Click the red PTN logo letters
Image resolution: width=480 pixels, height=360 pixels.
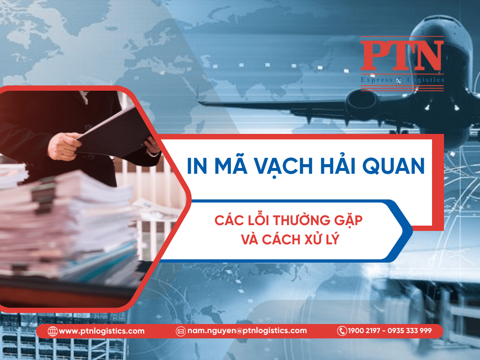coord(402,55)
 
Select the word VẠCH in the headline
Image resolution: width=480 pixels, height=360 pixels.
coord(284,166)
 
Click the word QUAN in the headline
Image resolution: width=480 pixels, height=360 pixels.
coord(394,166)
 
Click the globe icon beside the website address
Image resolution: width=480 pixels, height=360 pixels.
coord(52,331)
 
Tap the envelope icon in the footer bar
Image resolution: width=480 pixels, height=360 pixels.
coord(180,331)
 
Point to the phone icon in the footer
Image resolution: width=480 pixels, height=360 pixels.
coord(342,331)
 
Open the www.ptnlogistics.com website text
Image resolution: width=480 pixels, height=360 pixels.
coord(101,331)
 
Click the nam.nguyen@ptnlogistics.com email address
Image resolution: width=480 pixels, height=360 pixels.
coord(247,331)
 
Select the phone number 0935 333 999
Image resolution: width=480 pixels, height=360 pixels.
coord(409,331)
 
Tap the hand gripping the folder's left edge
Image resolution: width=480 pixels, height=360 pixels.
coord(63,146)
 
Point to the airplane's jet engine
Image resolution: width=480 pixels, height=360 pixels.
coord(362,99)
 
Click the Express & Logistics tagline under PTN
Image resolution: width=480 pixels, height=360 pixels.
coord(402,80)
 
